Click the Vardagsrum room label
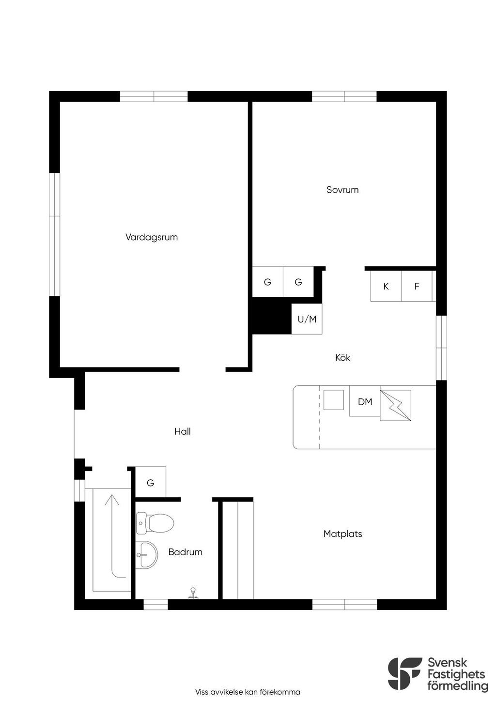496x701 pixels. [x=152, y=237]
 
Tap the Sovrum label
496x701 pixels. [x=342, y=190]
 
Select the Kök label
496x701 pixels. [x=342, y=357]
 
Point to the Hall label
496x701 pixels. [x=182, y=431]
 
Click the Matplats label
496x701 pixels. [x=342, y=533]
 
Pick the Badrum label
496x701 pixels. [x=186, y=552]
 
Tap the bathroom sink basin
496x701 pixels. [x=147, y=554]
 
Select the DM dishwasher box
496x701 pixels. [x=365, y=401]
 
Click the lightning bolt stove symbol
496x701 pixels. [x=395, y=405]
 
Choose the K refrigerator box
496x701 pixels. [x=386, y=286]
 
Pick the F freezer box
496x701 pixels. [x=417, y=286]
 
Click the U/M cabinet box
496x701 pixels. [x=307, y=319]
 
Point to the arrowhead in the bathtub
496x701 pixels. [x=112, y=500]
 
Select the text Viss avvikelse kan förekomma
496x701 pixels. [x=248, y=692]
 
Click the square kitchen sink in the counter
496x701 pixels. [x=333, y=399]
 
